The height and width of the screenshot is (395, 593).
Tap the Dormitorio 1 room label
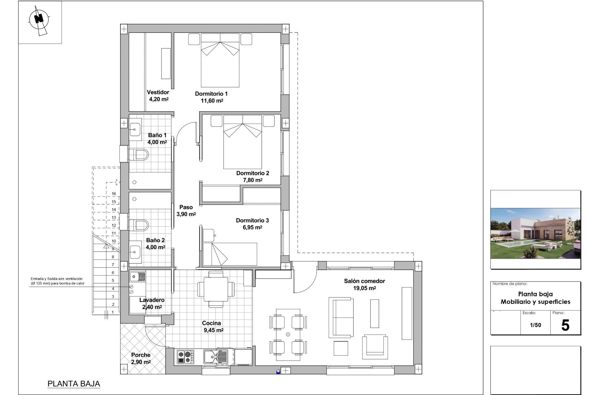click(x=211, y=94)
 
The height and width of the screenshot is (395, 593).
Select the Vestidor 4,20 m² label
click(x=158, y=96)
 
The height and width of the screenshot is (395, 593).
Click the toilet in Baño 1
click(x=139, y=154)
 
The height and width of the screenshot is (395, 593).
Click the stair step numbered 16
click(x=114, y=194)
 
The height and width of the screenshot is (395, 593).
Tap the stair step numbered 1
click(x=113, y=312)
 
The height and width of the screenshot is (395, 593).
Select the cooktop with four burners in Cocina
click(x=185, y=357)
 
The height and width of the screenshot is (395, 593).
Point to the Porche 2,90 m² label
click(x=141, y=359)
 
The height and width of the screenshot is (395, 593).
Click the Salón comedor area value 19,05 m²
click(x=364, y=289)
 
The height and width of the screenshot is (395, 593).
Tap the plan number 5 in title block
click(x=565, y=326)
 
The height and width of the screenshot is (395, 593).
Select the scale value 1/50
click(x=535, y=325)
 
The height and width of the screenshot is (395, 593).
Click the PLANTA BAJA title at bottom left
click(x=74, y=384)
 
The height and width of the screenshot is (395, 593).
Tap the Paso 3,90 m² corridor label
click(x=186, y=211)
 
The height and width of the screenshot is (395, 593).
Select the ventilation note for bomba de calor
click(x=57, y=281)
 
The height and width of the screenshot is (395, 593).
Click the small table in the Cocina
click(x=216, y=289)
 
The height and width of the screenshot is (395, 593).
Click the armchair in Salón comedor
click(x=375, y=346)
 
